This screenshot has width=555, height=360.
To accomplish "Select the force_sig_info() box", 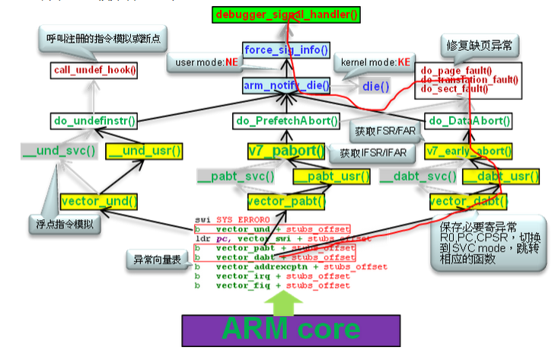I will [287, 51].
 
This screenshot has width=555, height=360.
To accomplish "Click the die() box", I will [375, 86].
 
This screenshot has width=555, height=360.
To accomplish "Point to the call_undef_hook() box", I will [95, 71].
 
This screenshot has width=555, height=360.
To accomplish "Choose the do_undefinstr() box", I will [93, 120].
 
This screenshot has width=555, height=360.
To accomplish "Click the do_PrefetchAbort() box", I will [276, 120].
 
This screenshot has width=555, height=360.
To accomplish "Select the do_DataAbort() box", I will [467, 120].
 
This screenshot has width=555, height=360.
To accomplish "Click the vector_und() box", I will [99, 202].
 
